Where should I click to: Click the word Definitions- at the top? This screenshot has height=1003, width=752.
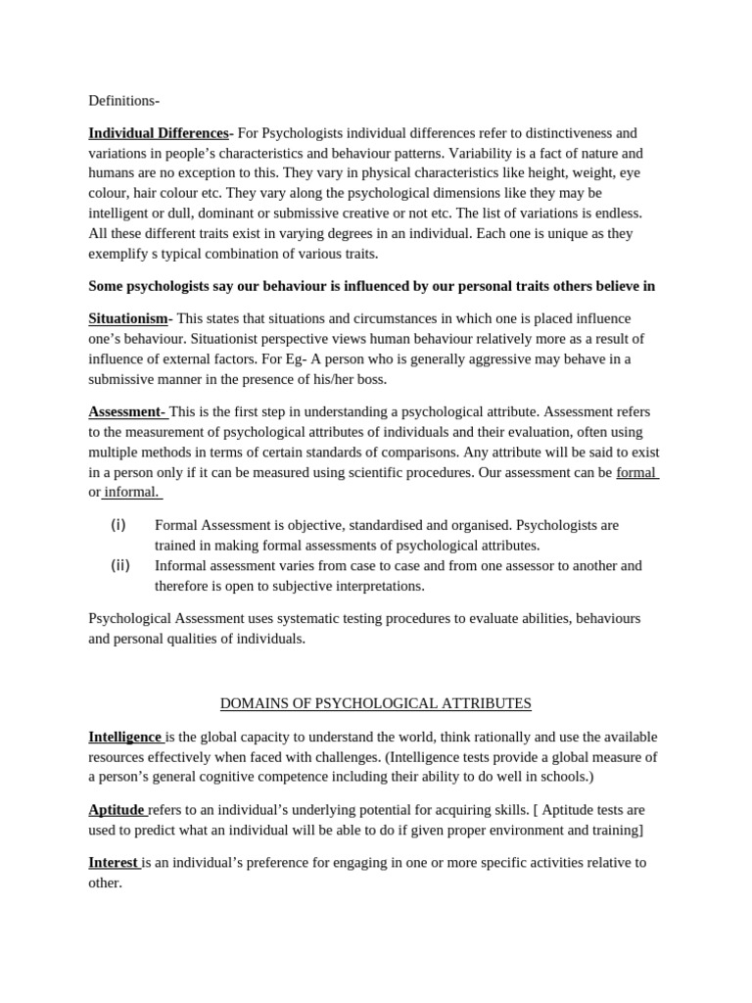click(x=123, y=100)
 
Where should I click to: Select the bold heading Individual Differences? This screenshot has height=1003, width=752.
click(x=158, y=133)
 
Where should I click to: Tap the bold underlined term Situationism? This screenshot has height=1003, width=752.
click(x=127, y=318)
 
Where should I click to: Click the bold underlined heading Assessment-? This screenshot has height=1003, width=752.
click(x=126, y=411)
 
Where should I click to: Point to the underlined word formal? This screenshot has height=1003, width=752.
click(x=635, y=472)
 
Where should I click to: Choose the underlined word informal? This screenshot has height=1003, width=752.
click(x=131, y=492)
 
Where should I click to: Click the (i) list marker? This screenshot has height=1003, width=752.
click(x=118, y=525)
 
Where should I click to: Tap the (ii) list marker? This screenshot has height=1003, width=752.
click(x=119, y=565)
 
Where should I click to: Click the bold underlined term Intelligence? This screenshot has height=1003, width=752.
click(x=124, y=737)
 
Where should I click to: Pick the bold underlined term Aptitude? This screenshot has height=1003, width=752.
click(x=117, y=810)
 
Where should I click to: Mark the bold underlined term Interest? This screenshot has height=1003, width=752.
click(x=113, y=863)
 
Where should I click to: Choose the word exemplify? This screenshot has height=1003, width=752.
click(x=119, y=254)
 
